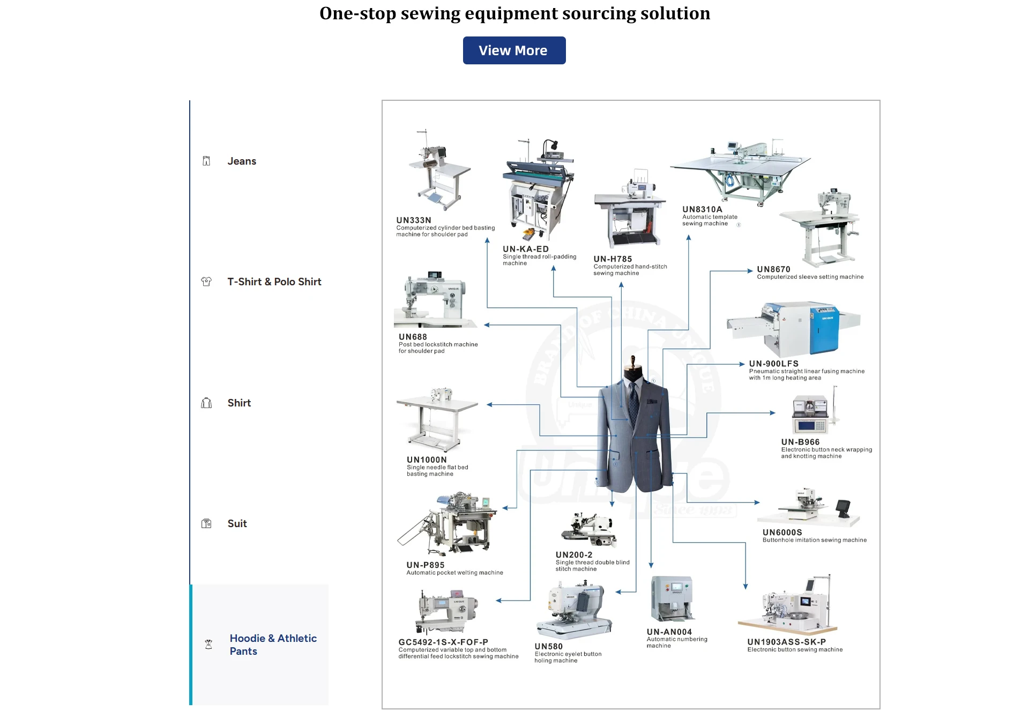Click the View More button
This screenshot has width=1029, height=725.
(x=514, y=50)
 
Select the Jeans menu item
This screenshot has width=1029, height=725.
(x=242, y=161)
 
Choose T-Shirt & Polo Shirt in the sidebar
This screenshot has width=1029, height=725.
(x=274, y=282)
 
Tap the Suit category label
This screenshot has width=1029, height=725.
(x=237, y=523)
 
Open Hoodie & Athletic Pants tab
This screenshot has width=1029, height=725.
(x=273, y=645)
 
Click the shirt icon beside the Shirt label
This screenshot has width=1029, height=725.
(x=206, y=403)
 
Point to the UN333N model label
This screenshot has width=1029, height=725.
(x=414, y=220)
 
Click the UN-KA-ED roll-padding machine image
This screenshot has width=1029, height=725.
(x=538, y=190)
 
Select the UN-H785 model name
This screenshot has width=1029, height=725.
(x=613, y=259)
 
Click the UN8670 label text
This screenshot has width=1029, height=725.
(x=773, y=269)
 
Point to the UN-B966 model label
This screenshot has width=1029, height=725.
(x=800, y=442)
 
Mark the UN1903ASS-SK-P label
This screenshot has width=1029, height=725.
(x=786, y=642)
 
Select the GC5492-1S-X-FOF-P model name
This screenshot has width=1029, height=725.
(x=443, y=642)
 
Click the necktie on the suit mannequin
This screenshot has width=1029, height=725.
(x=634, y=402)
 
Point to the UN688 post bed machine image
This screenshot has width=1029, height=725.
(x=434, y=300)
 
